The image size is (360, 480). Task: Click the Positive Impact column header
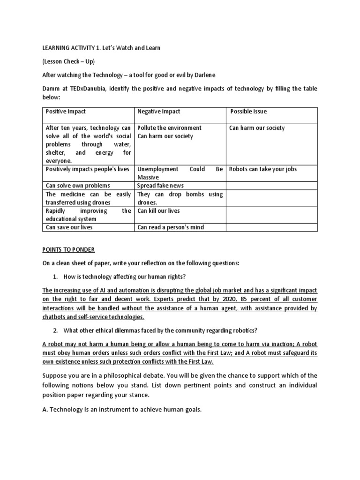coord(66,112)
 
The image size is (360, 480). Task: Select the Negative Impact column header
coord(158,112)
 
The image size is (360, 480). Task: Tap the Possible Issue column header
coord(248,112)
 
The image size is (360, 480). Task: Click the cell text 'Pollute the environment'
coord(169,128)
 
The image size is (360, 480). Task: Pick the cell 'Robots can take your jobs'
coord(263,169)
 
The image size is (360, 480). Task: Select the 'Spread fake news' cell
coord(160,186)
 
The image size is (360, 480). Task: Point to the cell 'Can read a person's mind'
coord(171,227)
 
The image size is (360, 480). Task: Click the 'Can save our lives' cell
coord(69,227)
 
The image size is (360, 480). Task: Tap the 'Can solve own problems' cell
coord(77,186)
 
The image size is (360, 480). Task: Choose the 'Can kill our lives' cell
coord(158,211)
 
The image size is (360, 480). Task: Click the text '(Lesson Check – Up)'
coord(69,61)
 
